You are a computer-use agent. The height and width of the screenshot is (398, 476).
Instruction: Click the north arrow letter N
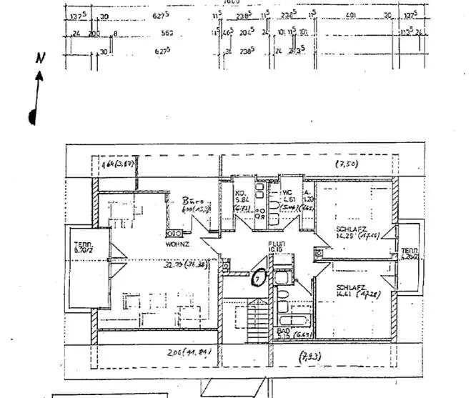41,58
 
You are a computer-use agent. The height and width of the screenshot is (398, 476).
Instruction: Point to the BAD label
282,332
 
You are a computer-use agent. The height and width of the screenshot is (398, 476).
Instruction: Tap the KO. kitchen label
242,193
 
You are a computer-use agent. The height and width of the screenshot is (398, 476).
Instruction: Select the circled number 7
259,276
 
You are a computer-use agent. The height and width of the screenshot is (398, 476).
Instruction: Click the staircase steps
258,320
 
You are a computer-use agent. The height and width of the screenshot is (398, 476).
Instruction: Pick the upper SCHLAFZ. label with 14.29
348,229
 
